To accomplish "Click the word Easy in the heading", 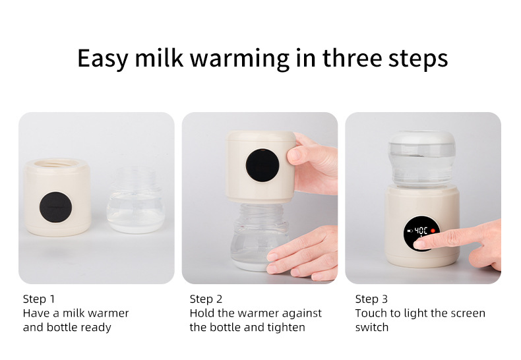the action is point(103,59).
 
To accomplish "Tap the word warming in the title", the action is point(239,59).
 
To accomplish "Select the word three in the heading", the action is point(352,58).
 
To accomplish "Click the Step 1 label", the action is point(39,299).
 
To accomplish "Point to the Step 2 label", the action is point(206,299).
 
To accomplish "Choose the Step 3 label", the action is point(371,299).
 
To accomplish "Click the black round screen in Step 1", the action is point(55,207).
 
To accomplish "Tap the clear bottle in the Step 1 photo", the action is point(136,200).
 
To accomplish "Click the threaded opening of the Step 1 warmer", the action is point(57,164).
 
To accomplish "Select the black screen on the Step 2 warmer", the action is point(262,165).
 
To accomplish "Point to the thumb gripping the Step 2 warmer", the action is point(297,156).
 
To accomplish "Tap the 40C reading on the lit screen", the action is point(421,231).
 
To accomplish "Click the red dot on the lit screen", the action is point(433,231).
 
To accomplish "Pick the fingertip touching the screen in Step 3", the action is point(419,245).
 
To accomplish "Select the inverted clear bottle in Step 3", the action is point(421,159).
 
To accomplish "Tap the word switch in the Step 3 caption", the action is point(372,327).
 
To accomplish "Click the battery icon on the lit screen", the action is point(410,231).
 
